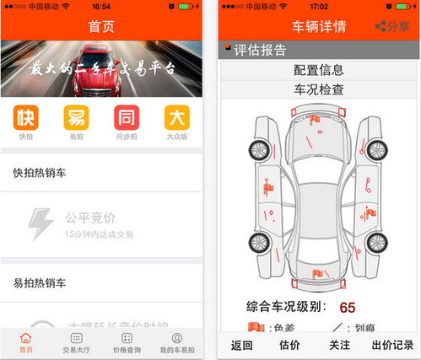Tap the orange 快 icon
pyautogui.click(x=25, y=117)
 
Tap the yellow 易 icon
pyautogui.click(x=76, y=117)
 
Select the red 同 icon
pyautogui.click(x=127, y=117)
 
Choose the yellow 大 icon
pyautogui.click(x=176, y=117)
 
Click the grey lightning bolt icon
pyautogui.click(x=40, y=223)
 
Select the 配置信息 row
pyautogui.click(x=318, y=70)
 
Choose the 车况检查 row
pyautogui.click(x=318, y=89)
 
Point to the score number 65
pyautogui.click(x=347, y=307)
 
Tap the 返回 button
pyautogui.click(x=242, y=344)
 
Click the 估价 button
pyautogui.click(x=289, y=344)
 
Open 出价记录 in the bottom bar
pyautogui.click(x=392, y=344)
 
